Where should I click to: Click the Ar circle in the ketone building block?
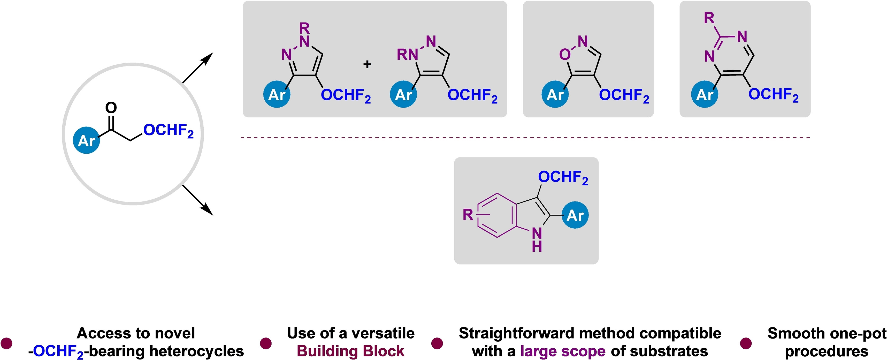click(x=86, y=140)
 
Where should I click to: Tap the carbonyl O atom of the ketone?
click(x=111, y=108)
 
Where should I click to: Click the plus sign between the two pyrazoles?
click(x=367, y=64)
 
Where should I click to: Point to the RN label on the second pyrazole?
click(x=407, y=54)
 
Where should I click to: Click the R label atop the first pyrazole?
click(x=304, y=28)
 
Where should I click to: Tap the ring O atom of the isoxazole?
click(x=565, y=54)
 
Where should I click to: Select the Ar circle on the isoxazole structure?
click(x=555, y=94)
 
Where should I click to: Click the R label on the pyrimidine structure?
click(x=709, y=18)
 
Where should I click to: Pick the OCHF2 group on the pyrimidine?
click(x=773, y=94)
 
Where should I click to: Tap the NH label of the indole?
click(x=537, y=240)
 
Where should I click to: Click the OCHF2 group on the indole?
click(x=563, y=177)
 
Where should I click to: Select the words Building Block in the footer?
click(x=350, y=351)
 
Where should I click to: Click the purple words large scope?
click(x=563, y=351)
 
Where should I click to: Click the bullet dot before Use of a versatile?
click(x=265, y=343)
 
